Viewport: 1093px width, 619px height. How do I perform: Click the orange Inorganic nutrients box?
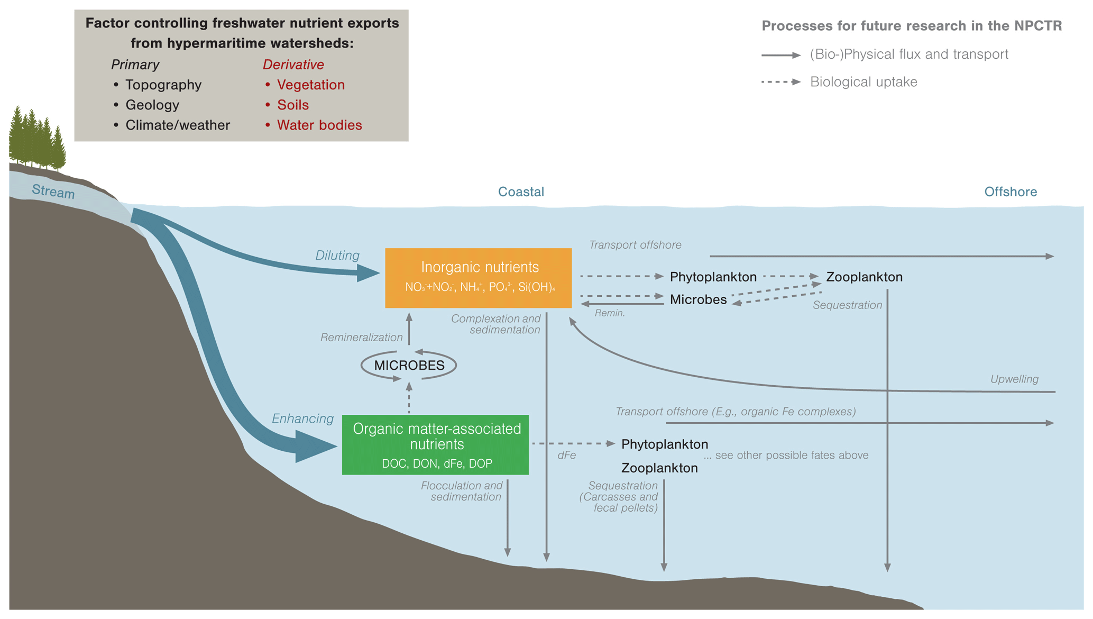click(x=478, y=278)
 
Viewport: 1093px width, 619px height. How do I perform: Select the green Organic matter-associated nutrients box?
click(x=435, y=445)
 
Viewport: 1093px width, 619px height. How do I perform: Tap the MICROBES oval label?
click(x=409, y=366)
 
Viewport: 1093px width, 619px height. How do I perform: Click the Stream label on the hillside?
click(x=53, y=191)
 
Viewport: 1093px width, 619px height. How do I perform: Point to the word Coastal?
click(x=521, y=192)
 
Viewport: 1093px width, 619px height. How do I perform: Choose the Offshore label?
click(x=1010, y=192)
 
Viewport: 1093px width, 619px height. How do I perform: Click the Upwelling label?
click(x=1014, y=379)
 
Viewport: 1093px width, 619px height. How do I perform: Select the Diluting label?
click(x=337, y=256)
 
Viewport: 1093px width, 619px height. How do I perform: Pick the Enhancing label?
click(x=302, y=419)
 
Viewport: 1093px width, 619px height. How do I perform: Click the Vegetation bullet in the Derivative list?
click(x=310, y=85)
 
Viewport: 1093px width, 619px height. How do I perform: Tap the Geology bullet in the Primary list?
click(x=152, y=105)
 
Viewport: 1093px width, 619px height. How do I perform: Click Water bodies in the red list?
click(x=319, y=125)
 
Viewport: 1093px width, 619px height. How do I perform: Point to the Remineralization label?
click(x=361, y=338)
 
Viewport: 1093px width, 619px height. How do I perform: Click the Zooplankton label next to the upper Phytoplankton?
click(x=864, y=277)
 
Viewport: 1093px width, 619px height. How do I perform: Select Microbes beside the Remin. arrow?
click(x=698, y=299)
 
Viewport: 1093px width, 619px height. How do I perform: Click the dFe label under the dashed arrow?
click(x=566, y=456)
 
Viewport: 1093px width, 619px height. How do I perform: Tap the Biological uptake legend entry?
click(x=863, y=82)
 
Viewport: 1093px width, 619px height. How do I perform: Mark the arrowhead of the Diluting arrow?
click(x=369, y=273)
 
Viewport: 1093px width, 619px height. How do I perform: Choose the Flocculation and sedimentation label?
click(x=462, y=491)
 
